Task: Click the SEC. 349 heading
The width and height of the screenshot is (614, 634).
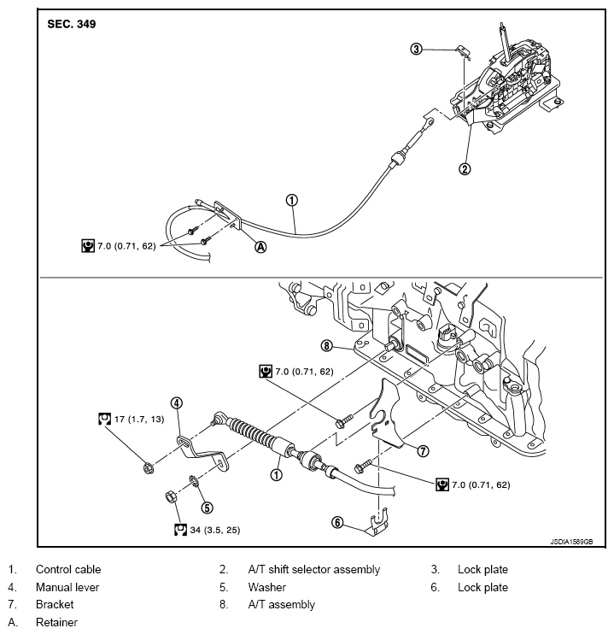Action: tap(72, 25)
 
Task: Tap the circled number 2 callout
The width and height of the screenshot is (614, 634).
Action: tap(465, 169)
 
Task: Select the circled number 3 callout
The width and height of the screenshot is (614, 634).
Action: tap(417, 50)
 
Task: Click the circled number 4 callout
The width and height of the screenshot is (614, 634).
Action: tap(175, 402)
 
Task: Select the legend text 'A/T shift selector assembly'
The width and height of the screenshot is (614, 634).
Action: tap(313, 569)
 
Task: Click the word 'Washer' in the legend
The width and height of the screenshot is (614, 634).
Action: tap(266, 587)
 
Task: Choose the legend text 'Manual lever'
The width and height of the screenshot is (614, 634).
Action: tap(67, 587)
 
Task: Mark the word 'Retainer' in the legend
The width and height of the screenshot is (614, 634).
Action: tap(56, 623)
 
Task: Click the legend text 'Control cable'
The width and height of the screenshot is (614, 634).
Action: tap(68, 569)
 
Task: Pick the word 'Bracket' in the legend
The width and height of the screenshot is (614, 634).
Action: tap(55, 605)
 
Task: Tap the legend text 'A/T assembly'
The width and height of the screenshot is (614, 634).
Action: tap(281, 605)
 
